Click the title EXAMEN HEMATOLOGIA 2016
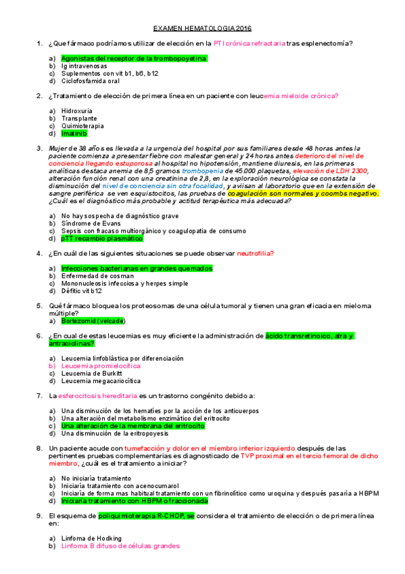[x=202, y=28]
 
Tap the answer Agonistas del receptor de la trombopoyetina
[x=133, y=59]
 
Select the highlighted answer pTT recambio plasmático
[x=101, y=238]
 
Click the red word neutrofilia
[x=255, y=253]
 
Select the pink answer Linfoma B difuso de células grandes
[x=120, y=546]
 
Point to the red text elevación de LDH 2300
[x=329, y=171]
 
